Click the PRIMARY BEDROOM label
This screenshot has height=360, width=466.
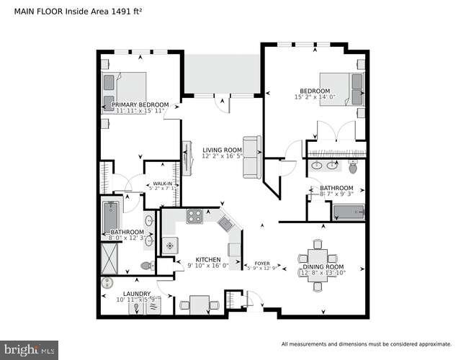(x=140, y=104)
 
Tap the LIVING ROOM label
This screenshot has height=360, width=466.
(x=221, y=149)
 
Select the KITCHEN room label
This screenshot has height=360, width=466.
(x=208, y=259)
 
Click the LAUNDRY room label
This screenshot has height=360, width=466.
(x=136, y=293)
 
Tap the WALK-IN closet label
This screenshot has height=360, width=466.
(x=163, y=184)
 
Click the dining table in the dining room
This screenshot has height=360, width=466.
(x=318, y=257)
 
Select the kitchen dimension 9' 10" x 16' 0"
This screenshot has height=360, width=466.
(x=208, y=266)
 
